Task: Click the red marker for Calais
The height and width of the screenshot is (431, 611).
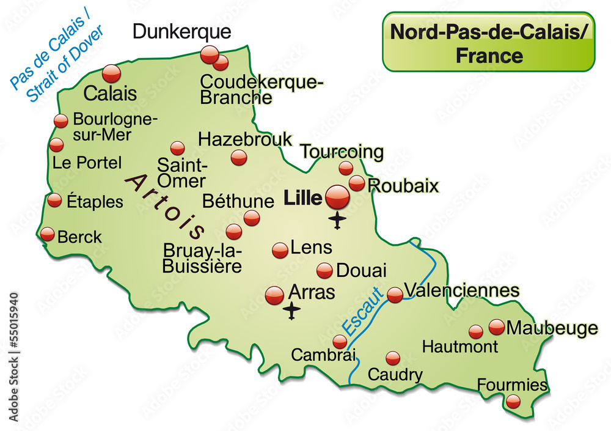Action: click(112, 73)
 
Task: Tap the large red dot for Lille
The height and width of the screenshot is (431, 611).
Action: click(337, 197)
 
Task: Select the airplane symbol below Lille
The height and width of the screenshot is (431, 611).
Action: click(337, 220)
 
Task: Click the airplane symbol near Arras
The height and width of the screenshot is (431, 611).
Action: click(293, 311)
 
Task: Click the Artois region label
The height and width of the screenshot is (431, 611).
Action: click(166, 205)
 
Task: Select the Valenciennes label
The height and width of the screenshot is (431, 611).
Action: click(462, 289)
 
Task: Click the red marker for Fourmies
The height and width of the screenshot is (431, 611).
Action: click(513, 401)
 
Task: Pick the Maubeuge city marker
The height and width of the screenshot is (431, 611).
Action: click(497, 327)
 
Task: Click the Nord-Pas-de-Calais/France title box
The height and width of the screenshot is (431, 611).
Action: click(488, 42)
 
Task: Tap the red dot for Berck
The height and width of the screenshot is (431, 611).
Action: click(48, 234)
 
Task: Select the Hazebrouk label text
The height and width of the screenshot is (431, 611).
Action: click(245, 139)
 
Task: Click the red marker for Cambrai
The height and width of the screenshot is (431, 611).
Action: click(340, 342)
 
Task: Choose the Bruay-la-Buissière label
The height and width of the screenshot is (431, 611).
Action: click(202, 258)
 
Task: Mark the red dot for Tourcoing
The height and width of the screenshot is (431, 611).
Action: click(346, 168)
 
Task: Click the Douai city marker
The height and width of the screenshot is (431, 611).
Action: click(324, 270)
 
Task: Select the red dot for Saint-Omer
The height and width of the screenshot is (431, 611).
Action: click(177, 148)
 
